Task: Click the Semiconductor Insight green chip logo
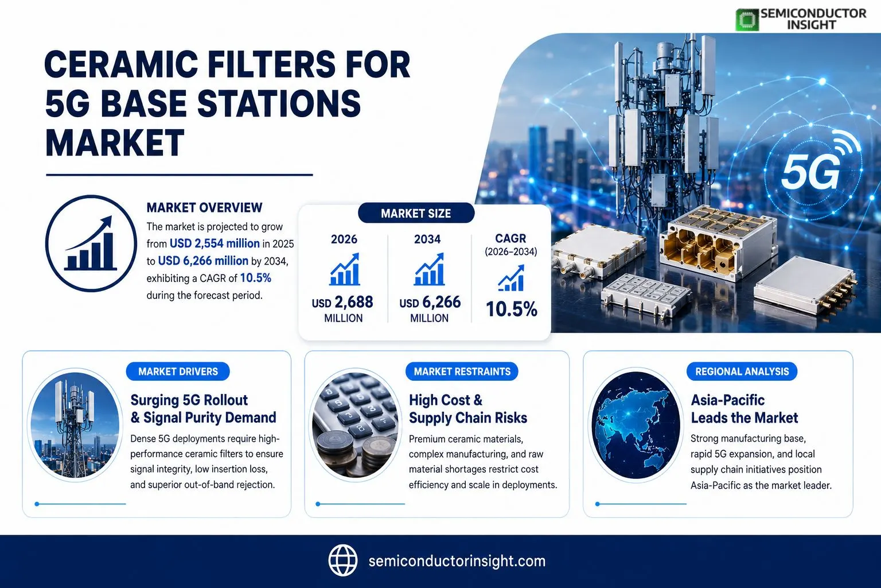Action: (747, 20)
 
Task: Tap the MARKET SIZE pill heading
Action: (416, 213)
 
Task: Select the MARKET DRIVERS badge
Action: (178, 372)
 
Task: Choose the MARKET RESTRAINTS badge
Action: (462, 372)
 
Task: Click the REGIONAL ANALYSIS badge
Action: (742, 372)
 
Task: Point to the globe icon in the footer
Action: (343, 560)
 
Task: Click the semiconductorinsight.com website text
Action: (457, 561)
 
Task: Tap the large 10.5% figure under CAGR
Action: (511, 309)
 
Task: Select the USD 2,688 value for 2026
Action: (342, 302)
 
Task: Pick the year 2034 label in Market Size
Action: (427, 239)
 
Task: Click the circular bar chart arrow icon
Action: (91, 243)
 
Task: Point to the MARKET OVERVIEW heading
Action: (204, 207)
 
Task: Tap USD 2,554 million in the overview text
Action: (215, 243)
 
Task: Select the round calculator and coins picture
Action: (355, 424)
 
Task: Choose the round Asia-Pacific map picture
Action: (636, 424)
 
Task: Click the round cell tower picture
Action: (75, 424)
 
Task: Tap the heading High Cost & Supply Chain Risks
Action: (468, 409)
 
